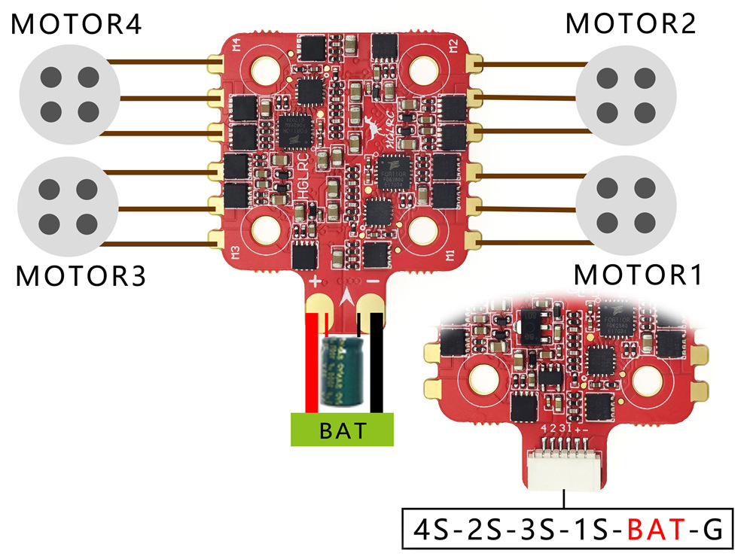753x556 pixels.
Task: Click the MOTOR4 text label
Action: (78, 25)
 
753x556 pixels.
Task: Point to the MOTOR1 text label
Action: (639, 275)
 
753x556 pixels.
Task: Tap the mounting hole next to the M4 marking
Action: (265, 71)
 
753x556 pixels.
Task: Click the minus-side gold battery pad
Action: (371, 305)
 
